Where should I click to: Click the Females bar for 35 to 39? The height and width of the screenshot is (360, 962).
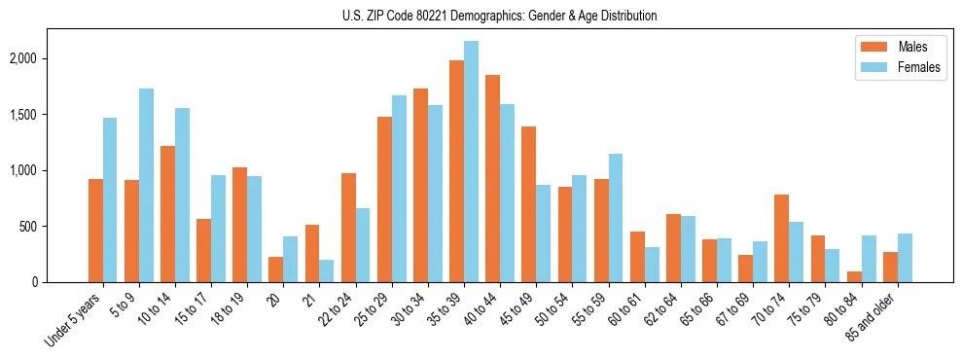click(x=471, y=162)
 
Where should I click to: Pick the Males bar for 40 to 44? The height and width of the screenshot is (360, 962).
click(x=492, y=178)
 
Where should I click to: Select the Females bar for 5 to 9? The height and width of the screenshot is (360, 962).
click(x=146, y=185)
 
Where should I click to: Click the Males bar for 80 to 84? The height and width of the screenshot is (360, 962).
click(x=854, y=276)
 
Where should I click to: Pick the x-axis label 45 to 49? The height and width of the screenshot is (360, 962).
click(x=515, y=309)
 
